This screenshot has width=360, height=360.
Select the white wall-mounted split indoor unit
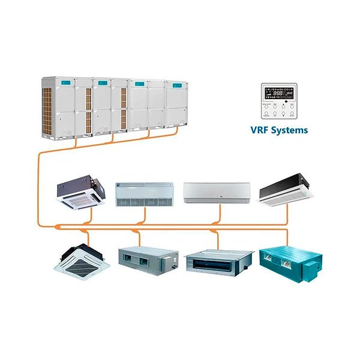(x=217, y=192)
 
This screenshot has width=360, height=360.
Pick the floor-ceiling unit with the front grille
(x=144, y=194)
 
